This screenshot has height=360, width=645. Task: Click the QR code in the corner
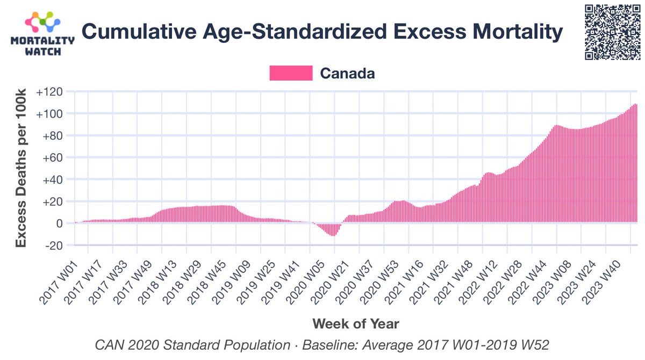(x=612, y=32)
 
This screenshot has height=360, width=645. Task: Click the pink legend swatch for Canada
(x=291, y=73)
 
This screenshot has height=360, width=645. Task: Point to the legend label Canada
(x=347, y=73)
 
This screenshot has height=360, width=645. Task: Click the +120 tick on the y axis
(x=49, y=92)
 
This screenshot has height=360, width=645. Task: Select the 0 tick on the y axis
(x=60, y=223)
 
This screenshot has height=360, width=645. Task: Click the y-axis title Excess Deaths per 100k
(x=21, y=168)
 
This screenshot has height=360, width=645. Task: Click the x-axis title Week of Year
(x=356, y=324)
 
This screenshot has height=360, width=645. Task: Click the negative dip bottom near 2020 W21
(x=333, y=235)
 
